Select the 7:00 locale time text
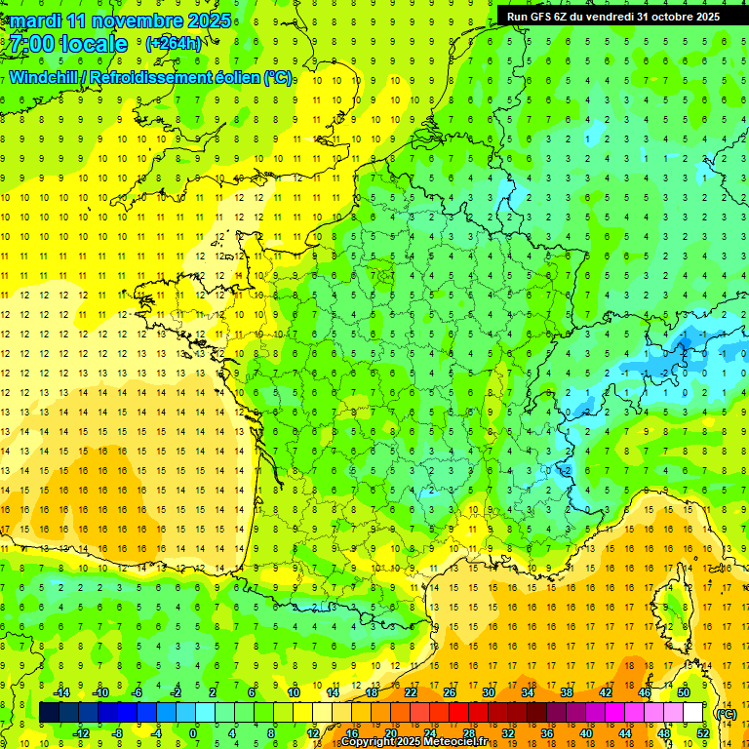(x=68, y=44)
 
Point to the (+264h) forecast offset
(x=173, y=44)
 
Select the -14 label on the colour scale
(x=61, y=692)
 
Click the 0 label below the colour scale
(x=193, y=733)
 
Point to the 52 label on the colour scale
(x=703, y=733)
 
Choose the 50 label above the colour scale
(x=684, y=692)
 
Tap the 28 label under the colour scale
(x=468, y=733)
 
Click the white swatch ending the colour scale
(x=693, y=713)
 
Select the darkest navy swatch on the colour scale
(x=50, y=713)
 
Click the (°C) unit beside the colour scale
(x=727, y=713)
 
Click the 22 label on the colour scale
(x=411, y=692)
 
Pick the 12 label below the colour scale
(x=312, y=733)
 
